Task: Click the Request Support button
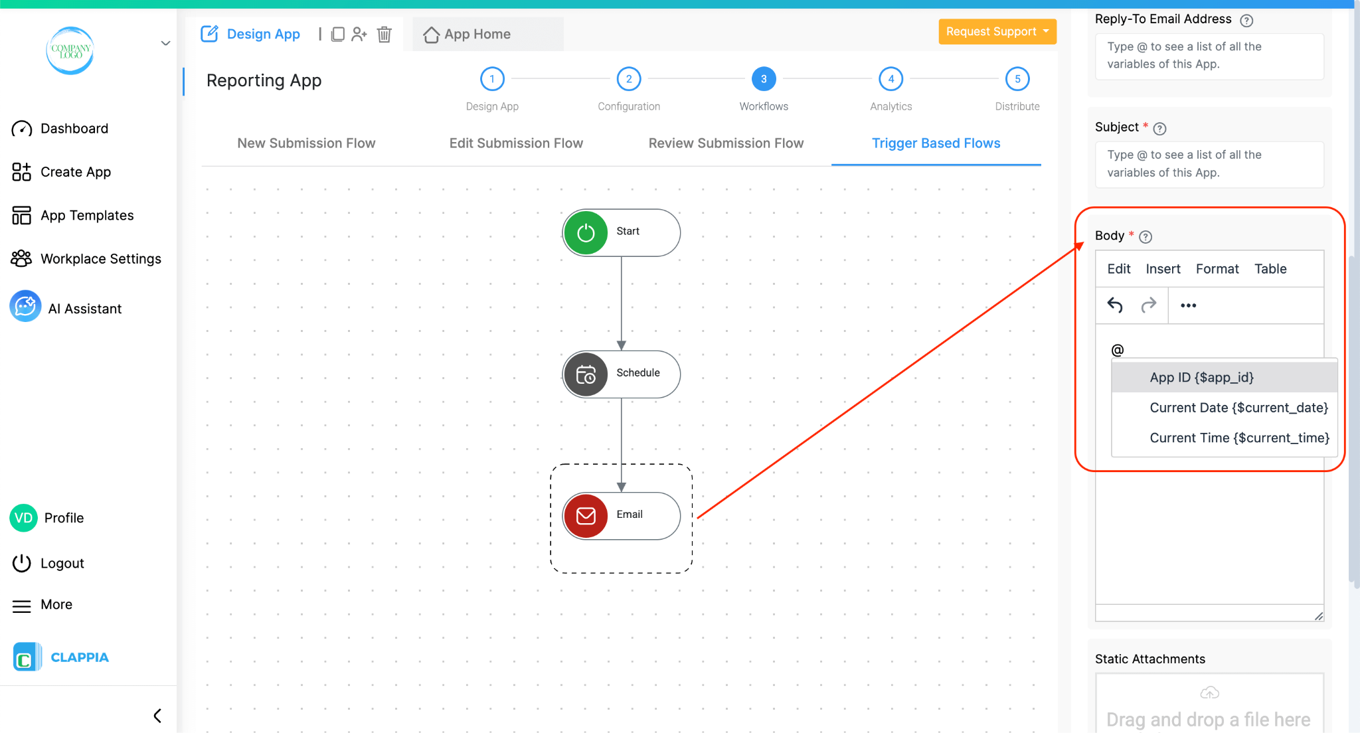996,32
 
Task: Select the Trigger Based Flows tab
936,143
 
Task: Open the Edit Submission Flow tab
516,143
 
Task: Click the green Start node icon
586,233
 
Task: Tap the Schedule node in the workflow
622,374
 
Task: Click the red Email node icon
586,516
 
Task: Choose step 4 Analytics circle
891,79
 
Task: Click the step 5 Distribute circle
1017,79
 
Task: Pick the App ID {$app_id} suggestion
1201,378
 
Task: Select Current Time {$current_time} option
1239,438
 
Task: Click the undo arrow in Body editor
1115,305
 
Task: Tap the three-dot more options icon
1188,305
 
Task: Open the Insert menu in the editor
1163,269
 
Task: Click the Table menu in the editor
1270,269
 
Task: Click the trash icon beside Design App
384,34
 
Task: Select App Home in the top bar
467,34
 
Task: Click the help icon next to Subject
1159,129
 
